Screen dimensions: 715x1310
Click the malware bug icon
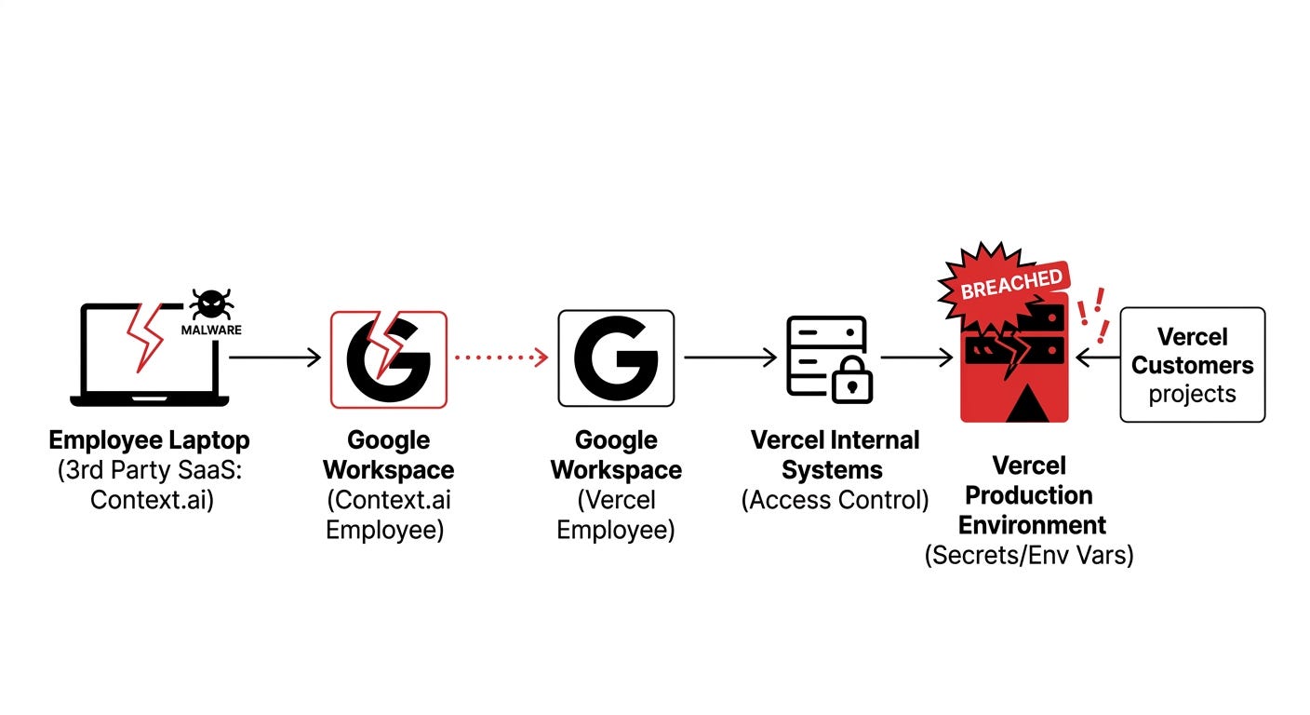click(x=210, y=304)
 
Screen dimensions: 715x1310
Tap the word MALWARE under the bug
click(x=211, y=330)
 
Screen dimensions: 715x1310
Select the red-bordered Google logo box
click(x=389, y=359)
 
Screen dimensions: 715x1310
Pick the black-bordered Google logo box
click(x=616, y=358)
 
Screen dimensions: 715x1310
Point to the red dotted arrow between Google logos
click(x=501, y=357)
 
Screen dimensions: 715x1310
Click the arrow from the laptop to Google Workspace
click(x=274, y=357)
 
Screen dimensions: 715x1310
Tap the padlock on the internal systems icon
click(x=851, y=383)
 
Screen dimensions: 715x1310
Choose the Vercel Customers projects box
click(x=1192, y=364)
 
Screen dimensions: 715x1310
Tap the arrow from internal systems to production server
click(x=916, y=357)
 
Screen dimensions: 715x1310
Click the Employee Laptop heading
click(x=149, y=440)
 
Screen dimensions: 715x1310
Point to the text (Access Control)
click(x=835, y=500)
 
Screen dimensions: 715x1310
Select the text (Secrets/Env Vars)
click(x=1029, y=556)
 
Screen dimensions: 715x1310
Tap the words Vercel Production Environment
click(x=1029, y=494)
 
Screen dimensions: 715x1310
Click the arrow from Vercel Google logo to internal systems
click(x=730, y=357)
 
